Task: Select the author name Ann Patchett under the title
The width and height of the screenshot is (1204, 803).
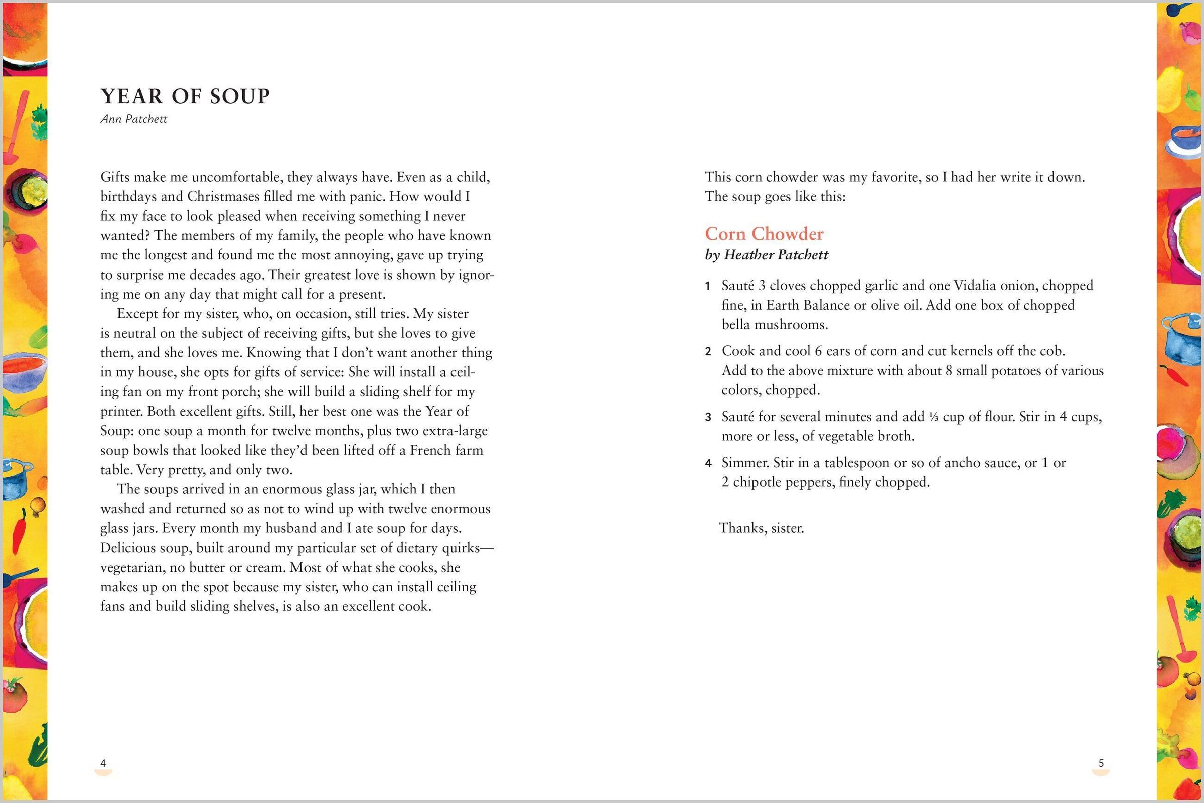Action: [x=133, y=119]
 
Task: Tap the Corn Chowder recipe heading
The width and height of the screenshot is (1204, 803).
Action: [x=764, y=234]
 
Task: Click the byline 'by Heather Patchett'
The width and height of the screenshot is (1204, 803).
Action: [x=767, y=255]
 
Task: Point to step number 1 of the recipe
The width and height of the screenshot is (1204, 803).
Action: [x=708, y=286]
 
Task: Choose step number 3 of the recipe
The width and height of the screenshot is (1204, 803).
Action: [x=708, y=418]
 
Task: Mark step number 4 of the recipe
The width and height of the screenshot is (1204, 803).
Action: [x=708, y=463]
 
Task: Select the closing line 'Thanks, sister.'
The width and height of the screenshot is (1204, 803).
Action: [x=762, y=528]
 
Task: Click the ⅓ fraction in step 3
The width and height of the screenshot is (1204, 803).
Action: [x=933, y=417]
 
